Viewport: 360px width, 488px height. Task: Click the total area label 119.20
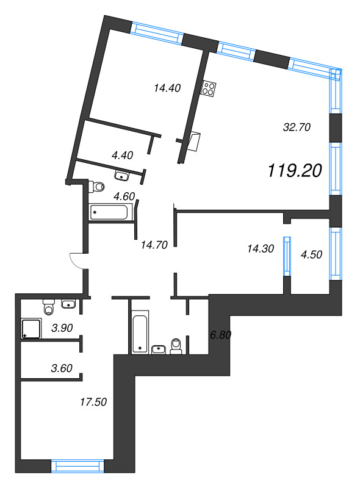pos(295,171)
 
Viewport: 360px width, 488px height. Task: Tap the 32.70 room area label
pos(297,127)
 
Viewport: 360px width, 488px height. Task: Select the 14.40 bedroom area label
pos(167,88)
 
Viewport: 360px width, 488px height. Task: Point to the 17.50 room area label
pos(93,402)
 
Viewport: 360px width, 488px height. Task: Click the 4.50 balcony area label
pos(311,254)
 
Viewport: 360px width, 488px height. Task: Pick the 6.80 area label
pos(220,335)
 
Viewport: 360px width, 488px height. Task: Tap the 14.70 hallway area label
pos(154,245)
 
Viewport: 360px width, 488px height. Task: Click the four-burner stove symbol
pos(209,88)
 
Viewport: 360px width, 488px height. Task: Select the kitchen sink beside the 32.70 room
pos(194,142)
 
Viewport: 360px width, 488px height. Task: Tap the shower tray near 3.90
pos(31,329)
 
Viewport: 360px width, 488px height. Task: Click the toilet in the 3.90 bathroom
pos(49,307)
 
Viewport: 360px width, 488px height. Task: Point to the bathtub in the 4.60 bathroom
pos(109,212)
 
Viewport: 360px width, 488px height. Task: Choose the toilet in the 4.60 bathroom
pos(96,187)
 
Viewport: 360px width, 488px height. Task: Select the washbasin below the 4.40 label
pos(122,176)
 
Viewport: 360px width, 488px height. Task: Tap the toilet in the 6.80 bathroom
pos(176,346)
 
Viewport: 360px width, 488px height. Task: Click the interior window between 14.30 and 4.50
pos(287,256)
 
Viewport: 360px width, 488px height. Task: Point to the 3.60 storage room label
pos(62,368)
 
